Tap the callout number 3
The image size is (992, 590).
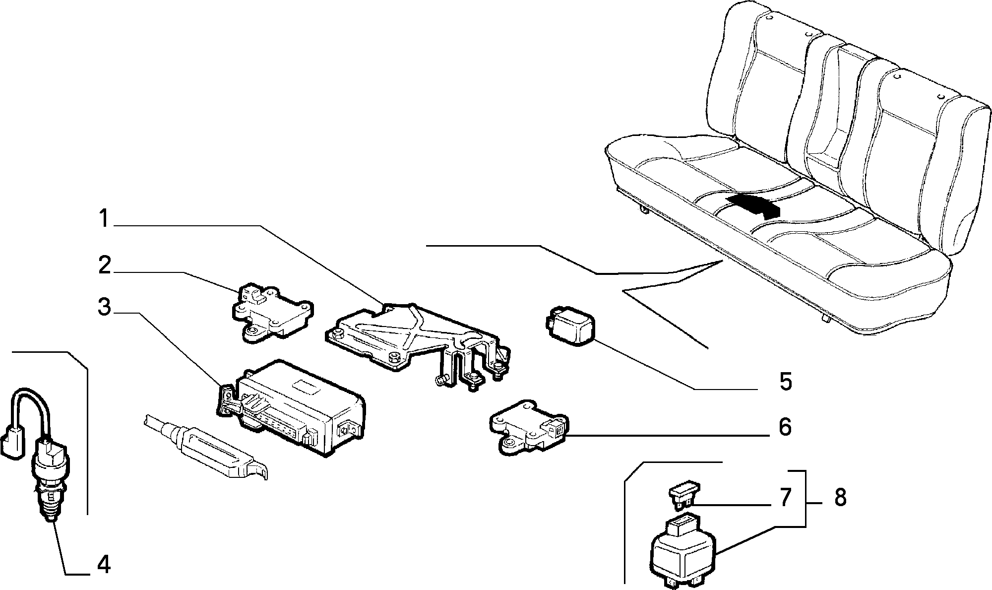click(105, 307)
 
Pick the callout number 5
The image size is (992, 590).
click(785, 382)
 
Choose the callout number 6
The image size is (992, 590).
click(785, 427)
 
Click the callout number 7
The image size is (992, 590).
click(784, 498)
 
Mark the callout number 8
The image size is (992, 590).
click(840, 497)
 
